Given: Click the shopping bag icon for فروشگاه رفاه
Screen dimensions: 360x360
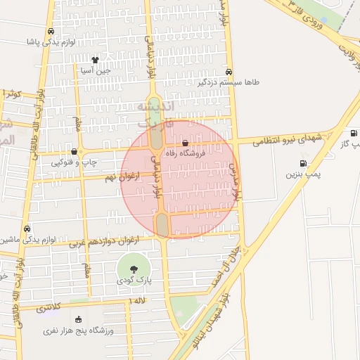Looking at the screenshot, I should coord(185,142).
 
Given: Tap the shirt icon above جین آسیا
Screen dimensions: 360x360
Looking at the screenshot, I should coord(96,60).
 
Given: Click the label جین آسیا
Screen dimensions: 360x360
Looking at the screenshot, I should coord(96,70).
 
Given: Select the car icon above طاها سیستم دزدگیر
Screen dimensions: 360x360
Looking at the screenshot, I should coord(229,72).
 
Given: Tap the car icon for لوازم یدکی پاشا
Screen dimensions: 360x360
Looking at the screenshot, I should coord(50,32).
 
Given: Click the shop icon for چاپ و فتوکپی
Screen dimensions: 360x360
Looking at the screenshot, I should coord(74,151).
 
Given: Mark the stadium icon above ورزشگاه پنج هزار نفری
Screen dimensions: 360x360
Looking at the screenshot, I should coord(77,320).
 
